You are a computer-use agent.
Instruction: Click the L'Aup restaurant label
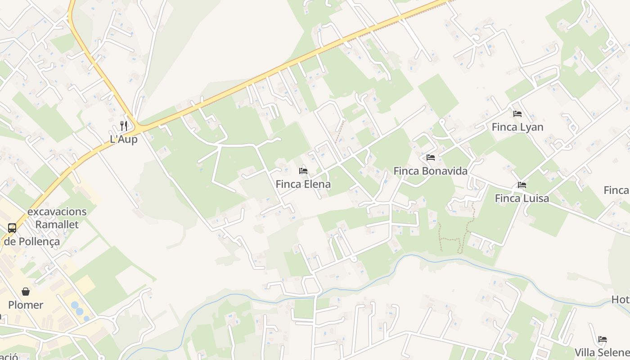point(124,139)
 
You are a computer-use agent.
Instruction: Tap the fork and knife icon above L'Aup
point(124,126)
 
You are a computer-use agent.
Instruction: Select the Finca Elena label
point(303,184)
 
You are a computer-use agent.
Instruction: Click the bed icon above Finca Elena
point(303,171)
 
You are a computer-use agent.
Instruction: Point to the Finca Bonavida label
point(430,171)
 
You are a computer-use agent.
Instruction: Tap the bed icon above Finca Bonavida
point(431,157)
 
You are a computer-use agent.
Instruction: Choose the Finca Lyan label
point(517,127)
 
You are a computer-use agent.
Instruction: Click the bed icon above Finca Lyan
point(517,114)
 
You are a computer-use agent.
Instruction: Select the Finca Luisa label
point(522,198)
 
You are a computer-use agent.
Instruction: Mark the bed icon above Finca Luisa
point(522,185)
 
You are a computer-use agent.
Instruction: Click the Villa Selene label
point(602,352)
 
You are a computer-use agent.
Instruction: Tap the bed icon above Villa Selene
point(603,339)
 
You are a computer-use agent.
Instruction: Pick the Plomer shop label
point(26,305)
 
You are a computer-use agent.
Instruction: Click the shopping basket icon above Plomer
point(26,292)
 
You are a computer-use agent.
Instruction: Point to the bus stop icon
point(12,228)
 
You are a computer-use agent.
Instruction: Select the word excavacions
point(57,211)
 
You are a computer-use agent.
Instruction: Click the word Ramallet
point(57,224)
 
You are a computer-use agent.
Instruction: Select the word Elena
point(316,184)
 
